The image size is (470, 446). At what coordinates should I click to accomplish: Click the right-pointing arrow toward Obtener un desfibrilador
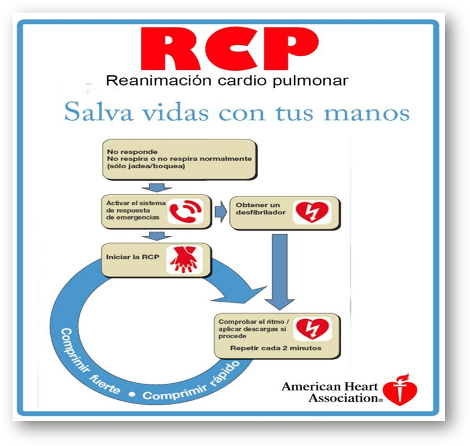pos(220,211)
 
